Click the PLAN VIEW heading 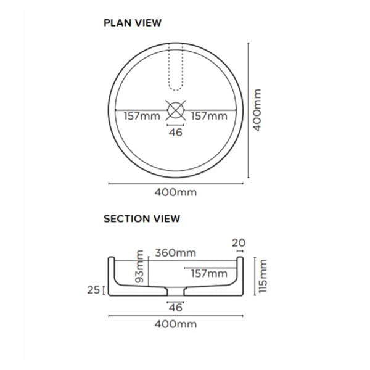coord(133,23)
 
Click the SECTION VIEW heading coord(142,218)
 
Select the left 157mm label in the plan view coord(142,116)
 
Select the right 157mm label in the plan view coord(208,116)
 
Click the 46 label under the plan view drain coord(176,132)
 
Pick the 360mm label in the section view coord(176,253)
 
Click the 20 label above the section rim coord(239,243)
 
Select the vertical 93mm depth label coord(139,266)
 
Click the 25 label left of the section coord(94,289)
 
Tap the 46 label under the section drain coord(176,307)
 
